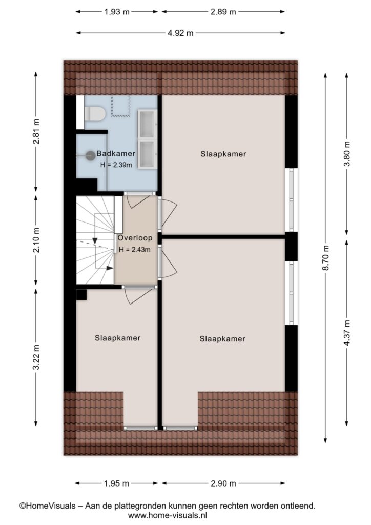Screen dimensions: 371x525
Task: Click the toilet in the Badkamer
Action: tap(95, 113)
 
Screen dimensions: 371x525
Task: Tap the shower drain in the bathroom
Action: tap(90, 155)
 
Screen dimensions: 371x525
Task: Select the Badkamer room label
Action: tap(116, 154)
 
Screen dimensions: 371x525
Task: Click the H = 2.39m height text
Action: tap(116, 165)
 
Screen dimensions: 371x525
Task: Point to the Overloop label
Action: tap(135, 238)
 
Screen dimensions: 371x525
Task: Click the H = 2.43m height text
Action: tap(134, 250)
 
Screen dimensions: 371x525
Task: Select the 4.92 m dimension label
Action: tap(180, 33)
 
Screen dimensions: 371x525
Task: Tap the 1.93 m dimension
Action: tap(117, 12)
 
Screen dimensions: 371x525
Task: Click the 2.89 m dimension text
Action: tap(223, 12)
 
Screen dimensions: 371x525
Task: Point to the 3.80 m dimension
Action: tap(347, 154)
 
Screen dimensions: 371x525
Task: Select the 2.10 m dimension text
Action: tap(36, 240)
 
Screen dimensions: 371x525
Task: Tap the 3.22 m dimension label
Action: tap(36, 357)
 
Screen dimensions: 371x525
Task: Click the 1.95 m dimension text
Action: tap(116, 483)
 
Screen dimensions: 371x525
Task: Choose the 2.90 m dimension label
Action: tap(223, 483)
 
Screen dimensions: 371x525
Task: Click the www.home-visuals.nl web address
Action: tap(168, 515)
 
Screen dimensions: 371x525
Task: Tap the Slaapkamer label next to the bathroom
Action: tap(223, 154)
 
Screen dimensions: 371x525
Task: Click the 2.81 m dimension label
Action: tap(36, 131)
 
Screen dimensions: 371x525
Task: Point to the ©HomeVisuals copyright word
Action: tap(48, 506)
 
